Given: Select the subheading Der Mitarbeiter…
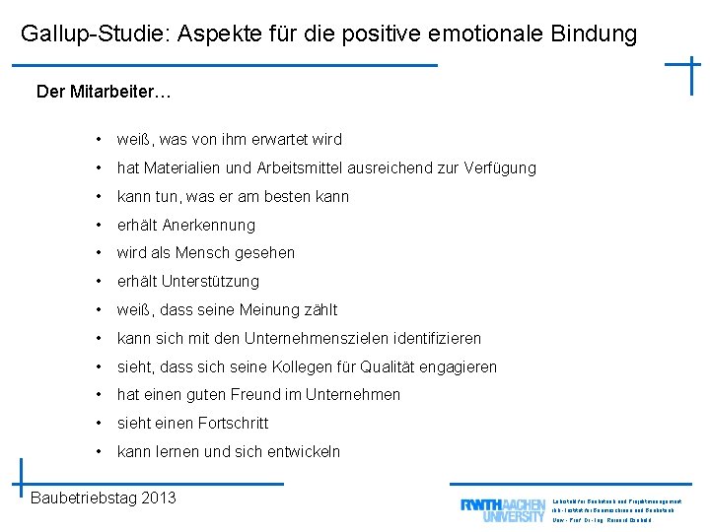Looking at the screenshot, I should [x=104, y=92].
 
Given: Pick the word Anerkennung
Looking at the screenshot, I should [x=208, y=225].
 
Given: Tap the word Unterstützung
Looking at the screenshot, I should [x=212, y=282].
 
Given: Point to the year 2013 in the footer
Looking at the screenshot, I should [x=159, y=498].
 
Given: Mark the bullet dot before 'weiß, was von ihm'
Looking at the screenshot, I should [x=101, y=140].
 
